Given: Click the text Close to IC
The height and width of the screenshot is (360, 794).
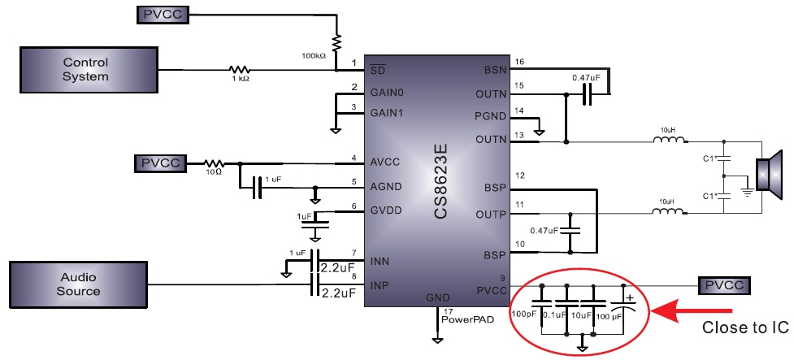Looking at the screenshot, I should click(745, 328).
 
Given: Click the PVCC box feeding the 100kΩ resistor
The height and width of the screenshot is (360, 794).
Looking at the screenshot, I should click(163, 14).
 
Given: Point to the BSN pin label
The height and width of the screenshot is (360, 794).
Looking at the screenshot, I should click(495, 70).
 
